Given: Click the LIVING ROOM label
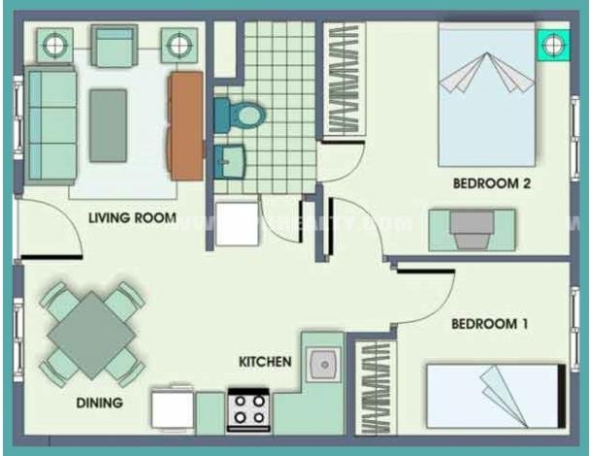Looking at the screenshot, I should (132, 218).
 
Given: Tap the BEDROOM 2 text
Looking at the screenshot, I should (490, 183).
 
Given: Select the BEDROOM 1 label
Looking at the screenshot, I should (489, 324).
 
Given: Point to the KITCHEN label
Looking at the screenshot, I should (265, 362).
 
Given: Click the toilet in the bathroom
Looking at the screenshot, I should (243, 114).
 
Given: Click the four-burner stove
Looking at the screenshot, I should (248, 410).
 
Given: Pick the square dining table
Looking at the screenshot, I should (92, 335).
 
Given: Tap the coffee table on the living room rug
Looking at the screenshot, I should (108, 125).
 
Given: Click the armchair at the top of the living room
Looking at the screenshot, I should (115, 45).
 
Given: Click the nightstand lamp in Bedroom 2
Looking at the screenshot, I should (553, 45).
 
